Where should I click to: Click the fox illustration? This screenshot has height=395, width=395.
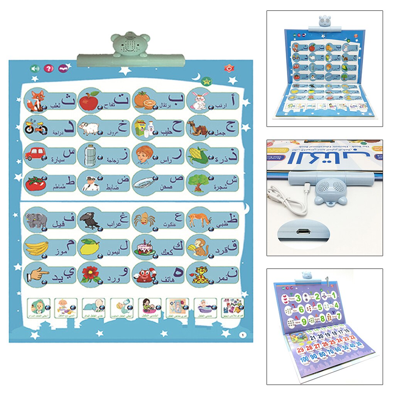pos(37,101)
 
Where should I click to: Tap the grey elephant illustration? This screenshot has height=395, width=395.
pos(36,220)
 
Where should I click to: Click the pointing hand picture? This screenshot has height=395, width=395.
pos(38,275)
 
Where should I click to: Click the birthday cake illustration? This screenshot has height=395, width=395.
pos(144,247)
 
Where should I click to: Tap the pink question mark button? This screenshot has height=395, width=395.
pos(48,68)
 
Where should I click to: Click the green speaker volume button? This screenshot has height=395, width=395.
pos(35,68)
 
